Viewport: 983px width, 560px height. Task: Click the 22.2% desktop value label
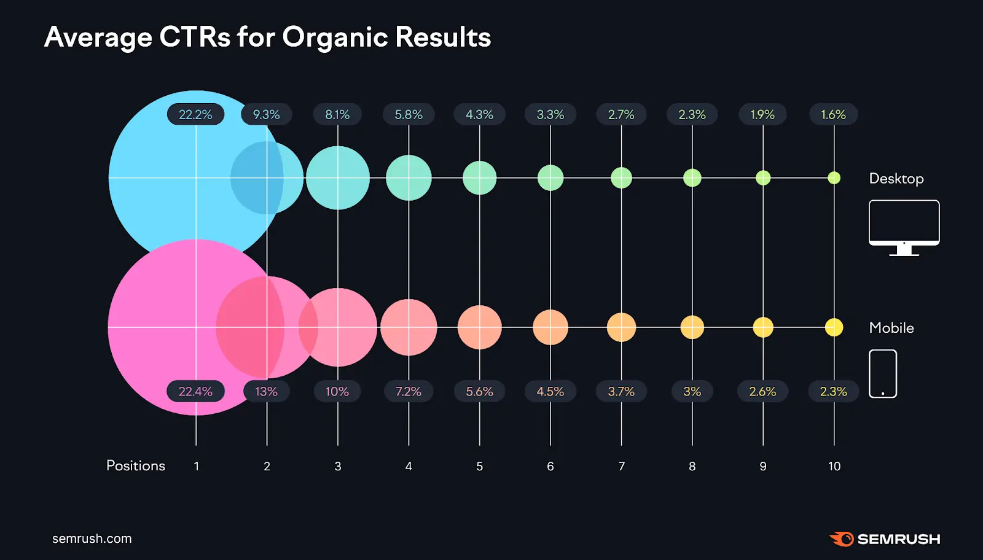(195, 115)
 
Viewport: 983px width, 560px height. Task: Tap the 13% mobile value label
(266, 391)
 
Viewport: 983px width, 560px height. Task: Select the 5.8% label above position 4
(409, 115)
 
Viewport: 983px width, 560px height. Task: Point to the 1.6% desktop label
(833, 115)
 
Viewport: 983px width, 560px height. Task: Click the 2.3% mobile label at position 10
(833, 391)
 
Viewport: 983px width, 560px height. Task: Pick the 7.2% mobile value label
(409, 391)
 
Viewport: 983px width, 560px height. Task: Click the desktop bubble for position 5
(479, 178)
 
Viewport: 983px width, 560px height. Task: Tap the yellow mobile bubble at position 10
(834, 327)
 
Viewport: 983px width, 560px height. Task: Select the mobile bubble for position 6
(550, 327)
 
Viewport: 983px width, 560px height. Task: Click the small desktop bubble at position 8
(692, 178)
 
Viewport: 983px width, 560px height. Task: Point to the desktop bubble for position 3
(338, 178)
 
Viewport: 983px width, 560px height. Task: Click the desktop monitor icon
(904, 226)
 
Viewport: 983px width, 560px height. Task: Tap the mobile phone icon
(883, 373)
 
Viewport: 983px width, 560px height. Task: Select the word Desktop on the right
(896, 179)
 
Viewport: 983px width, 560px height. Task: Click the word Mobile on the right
(891, 328)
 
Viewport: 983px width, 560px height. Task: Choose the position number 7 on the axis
(621, 467)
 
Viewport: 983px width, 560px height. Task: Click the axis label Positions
(136, 466)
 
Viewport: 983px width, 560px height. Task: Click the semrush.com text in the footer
(92, 539)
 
